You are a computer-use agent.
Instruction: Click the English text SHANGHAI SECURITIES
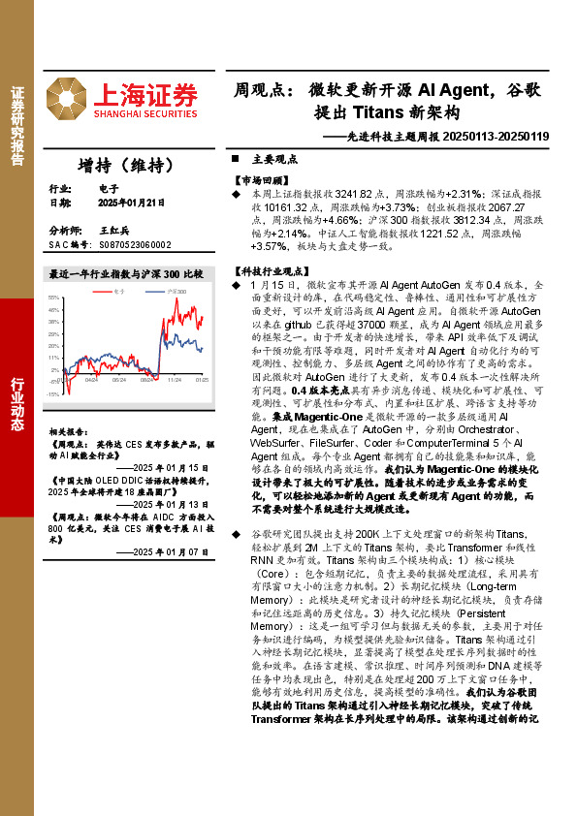click(x=145, y=113)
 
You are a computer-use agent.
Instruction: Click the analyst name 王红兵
click(x=115, y=231)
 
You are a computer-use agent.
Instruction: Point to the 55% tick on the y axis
click(x=54, y=298)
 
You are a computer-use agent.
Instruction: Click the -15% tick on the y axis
click(x=54, y=393)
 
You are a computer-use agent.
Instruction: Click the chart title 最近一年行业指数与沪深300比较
click(x=126, y=274)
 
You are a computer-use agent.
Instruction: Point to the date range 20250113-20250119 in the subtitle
click(x=495, y=138)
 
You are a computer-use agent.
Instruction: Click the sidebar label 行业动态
click(x=16, y=398)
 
